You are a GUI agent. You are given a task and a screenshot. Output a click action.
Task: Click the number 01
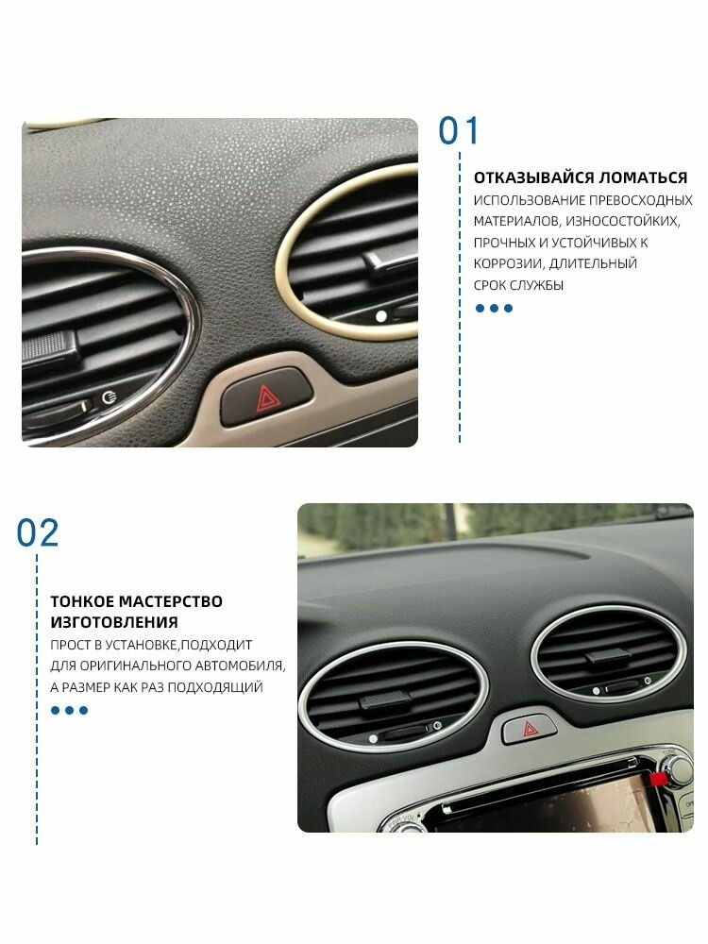[x=459, y=131]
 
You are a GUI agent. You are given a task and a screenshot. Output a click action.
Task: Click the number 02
[x=38, y=532]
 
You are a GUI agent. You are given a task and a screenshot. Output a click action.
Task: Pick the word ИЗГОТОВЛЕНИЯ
[x=114, y=622]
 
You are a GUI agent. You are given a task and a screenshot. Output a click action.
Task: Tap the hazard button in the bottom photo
[x=530, y=729]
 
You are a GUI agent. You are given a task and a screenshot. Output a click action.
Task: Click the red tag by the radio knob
[x=658, y=780]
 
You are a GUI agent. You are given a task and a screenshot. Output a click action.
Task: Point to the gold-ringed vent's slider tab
[x=392, y=261]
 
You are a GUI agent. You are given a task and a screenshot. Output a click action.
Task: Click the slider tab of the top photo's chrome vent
[x=51, y=348]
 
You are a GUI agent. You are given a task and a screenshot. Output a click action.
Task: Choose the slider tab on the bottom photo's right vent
[x=608, y=656]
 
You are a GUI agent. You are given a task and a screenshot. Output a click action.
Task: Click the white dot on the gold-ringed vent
[x=380, y=316]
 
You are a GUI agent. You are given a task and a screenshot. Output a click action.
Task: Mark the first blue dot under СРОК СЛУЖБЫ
[x=480, y=309]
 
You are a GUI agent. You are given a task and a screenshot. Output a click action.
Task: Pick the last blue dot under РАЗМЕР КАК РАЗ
[x=84, y=711]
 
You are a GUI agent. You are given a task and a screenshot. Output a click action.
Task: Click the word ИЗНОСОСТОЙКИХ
[x=622, y=221]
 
